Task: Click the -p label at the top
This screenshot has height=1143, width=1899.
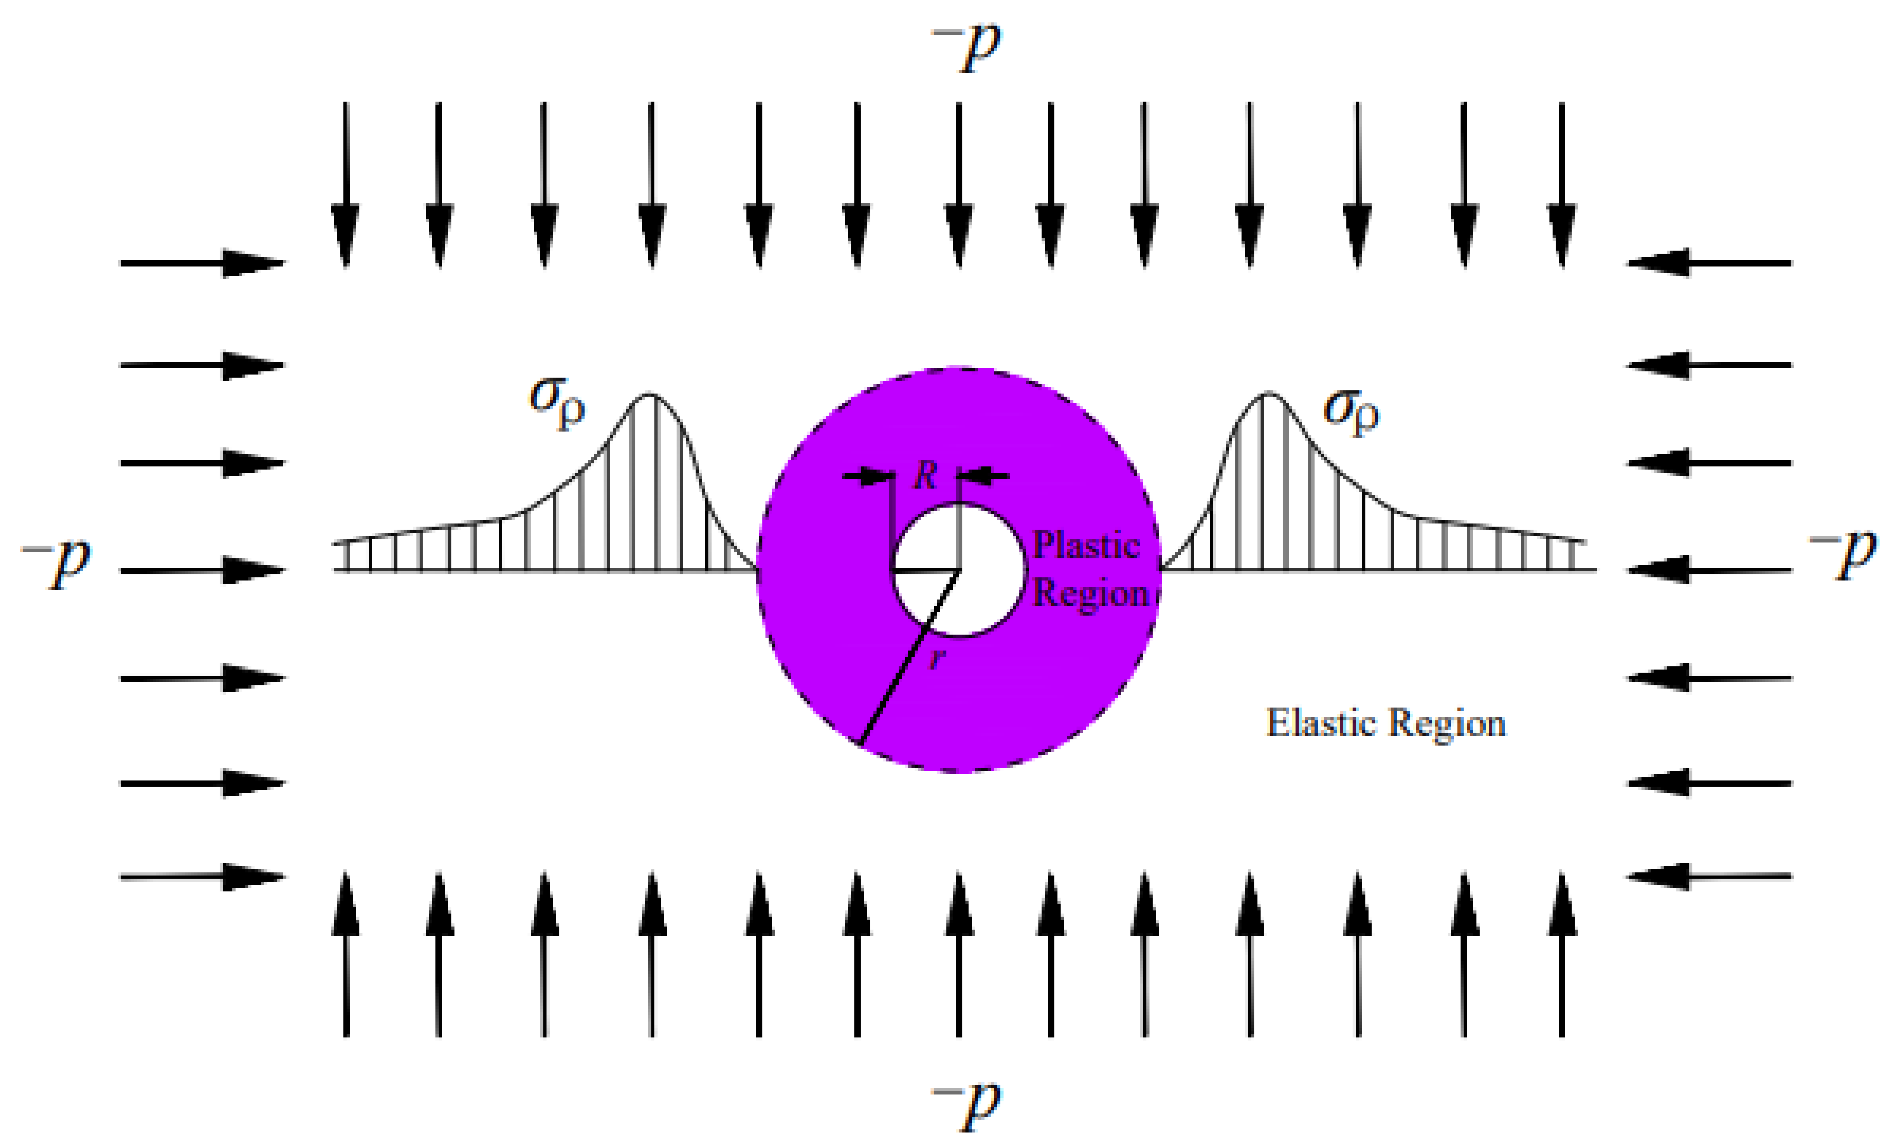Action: point(967,48)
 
